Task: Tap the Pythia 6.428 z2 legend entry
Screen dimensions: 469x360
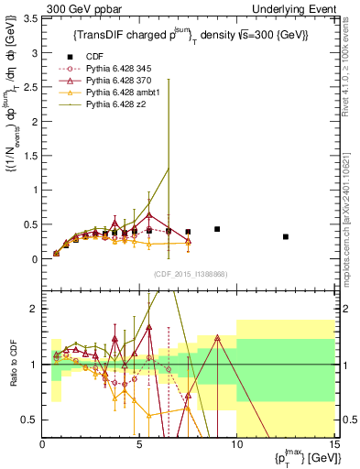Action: click(120, 104)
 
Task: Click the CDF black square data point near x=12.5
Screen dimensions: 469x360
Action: click(286, 236)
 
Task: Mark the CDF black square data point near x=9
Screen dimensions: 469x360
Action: click(217, 229)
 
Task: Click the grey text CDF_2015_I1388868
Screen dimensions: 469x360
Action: click(190, 273)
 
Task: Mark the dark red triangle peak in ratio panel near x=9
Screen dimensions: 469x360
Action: click(217, 337)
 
